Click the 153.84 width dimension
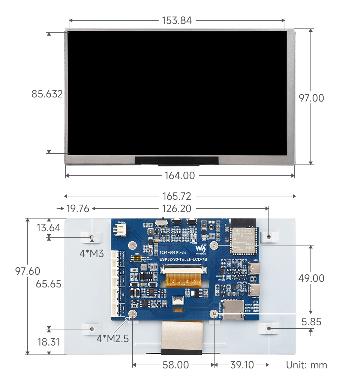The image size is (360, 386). (x=177, y=21)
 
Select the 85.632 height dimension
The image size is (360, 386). (x=47, y=94)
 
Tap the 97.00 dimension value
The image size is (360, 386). (x=311, y=98)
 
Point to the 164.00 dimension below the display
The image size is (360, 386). (x=180, y=175)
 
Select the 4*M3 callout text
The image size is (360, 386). (x=91, y=253)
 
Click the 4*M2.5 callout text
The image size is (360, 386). (x=112, y=339)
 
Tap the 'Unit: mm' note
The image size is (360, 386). (x=306, y=365)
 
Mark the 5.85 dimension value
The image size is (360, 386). (x=311, y=322)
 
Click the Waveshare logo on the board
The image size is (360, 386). (x=201, y=248)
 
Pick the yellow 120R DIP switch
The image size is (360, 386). (x=138, y=259)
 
